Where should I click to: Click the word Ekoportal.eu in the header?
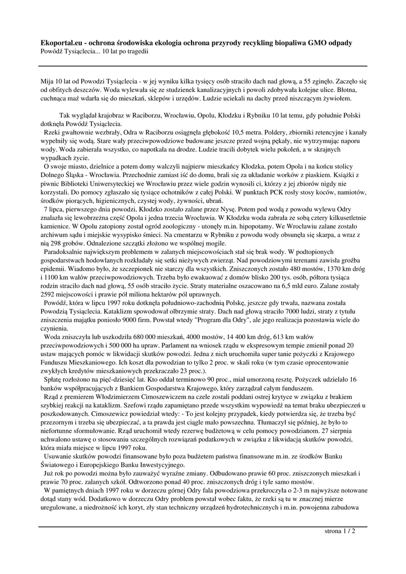[60, 43]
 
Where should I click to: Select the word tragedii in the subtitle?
[137, 51]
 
